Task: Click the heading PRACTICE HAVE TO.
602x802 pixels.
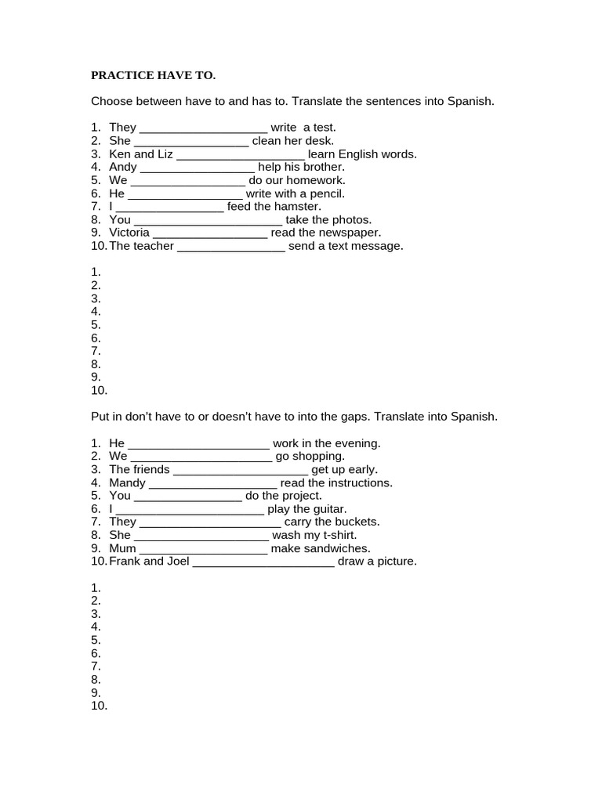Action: [x=153, y=75]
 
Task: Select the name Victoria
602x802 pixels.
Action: [x=129, y=233]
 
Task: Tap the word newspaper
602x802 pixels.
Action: [x=350, y=233]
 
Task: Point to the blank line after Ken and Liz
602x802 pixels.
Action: [x=240, y=154]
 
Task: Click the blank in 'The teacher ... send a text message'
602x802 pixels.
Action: [x=231, y=246]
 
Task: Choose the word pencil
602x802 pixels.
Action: [x=327, y=193]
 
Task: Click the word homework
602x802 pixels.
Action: [x=317, y=180]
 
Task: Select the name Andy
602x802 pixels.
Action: [x=123, y=167]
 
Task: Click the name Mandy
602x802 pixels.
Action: [x=128, y=482]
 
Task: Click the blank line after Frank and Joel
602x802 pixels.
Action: [x=263, y=562]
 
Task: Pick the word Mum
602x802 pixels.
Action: [x=123, y=548]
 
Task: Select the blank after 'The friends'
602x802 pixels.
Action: [x=241, y=469]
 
